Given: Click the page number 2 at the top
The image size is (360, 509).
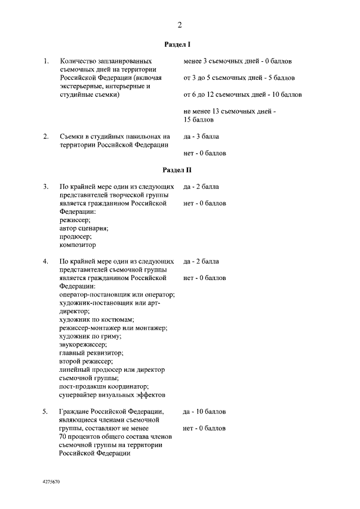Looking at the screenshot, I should coord(180,24).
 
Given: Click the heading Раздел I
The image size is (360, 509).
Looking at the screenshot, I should coord(180,44).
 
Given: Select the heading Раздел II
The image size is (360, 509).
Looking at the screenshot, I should coord(180,169).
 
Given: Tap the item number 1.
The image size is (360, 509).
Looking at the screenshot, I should coord(46,61).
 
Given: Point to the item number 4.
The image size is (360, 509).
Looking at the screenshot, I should coord(46,261).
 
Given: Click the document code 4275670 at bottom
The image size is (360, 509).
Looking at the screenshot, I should coord(51,483).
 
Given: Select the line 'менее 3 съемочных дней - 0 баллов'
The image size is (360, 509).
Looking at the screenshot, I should coord(237,61).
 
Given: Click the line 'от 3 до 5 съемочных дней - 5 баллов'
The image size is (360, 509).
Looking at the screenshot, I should coord(239,78).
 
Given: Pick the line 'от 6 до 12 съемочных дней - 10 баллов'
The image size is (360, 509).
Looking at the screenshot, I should coord(242,94).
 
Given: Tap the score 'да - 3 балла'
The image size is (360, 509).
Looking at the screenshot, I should coord(201,136).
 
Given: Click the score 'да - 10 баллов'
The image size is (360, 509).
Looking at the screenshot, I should coord(205,412).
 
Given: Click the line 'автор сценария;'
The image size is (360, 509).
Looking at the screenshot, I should coord(84,228).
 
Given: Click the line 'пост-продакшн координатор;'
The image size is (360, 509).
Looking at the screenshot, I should coord(103,386).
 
